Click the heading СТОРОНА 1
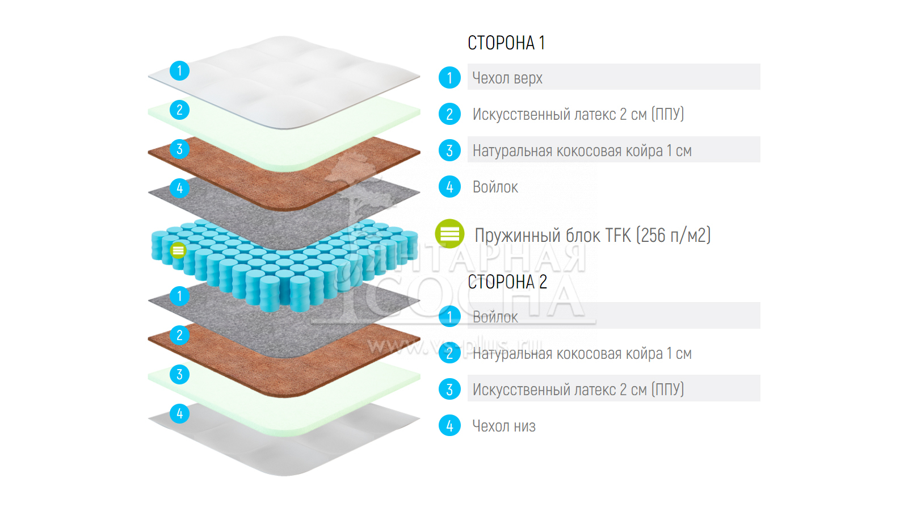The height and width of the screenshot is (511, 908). point(506,43)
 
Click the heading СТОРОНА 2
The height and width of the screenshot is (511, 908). point(507,282)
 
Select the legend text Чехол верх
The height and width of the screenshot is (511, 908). point(507,78)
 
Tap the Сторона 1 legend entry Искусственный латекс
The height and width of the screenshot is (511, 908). point(578,114)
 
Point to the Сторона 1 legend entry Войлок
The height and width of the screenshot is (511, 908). point(495,187)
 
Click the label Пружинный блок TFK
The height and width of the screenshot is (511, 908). point(553,235)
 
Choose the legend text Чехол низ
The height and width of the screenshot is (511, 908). point(504,426)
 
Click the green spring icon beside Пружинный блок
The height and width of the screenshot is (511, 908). point(449,234)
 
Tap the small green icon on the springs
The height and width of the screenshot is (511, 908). point(178,250)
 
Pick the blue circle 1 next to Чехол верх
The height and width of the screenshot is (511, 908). point(449,78)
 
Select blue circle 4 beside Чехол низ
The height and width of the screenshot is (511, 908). point(449,425)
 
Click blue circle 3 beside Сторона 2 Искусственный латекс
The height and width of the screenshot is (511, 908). point(449,389)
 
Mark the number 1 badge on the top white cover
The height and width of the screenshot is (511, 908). point(179,70)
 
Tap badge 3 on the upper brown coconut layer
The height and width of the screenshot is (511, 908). point(179,149)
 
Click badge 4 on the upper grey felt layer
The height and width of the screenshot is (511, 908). point(179,188)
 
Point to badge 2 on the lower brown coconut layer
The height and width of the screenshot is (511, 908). point(179,335)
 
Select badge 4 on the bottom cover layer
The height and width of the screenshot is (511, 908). point(179,413)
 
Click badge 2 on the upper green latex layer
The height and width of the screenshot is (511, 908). point(179,110)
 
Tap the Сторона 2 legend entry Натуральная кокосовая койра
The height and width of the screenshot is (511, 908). point(582,354)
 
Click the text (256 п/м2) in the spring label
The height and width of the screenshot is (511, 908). point(673,235)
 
